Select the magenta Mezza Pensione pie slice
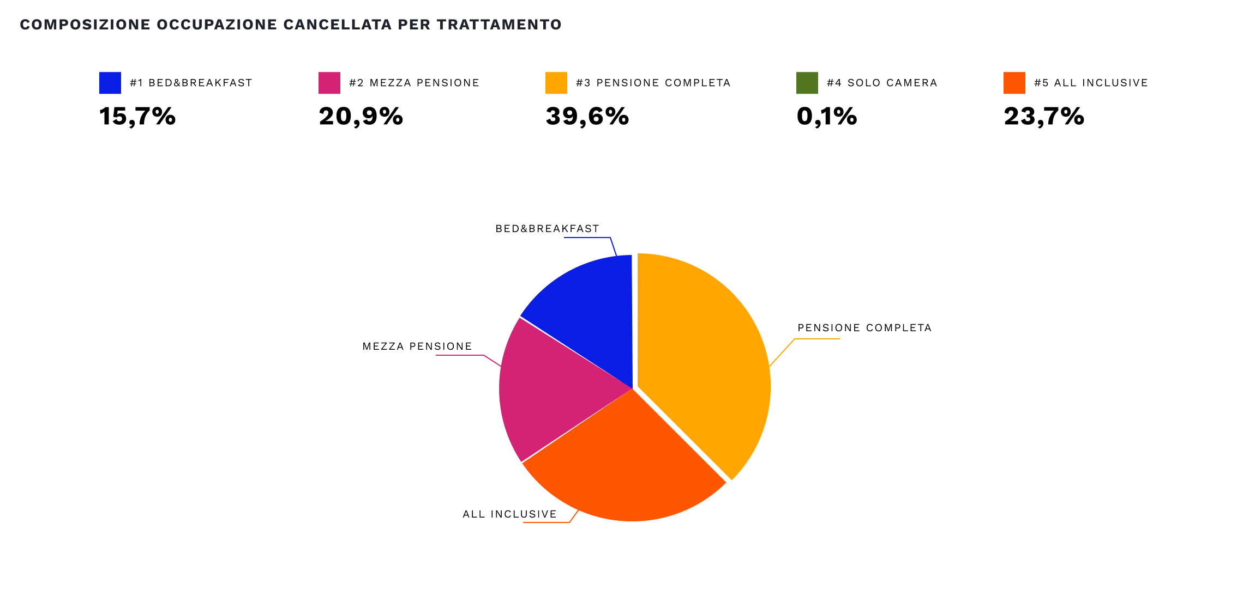pos(551,390)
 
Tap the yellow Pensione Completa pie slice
pos(704,360)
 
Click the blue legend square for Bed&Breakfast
pos(110,83)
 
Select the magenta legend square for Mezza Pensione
pos(329,83)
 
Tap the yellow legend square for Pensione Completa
pos(556,83)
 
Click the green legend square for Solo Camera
pos(807,83)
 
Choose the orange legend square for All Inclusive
pos(1014,83)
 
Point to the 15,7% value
pos(137,116)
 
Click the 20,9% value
pos(361,116)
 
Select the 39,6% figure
pos(587,116)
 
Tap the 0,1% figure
pos(827,116)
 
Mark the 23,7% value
pos(1044,116)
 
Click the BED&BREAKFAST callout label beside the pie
pos(547,229)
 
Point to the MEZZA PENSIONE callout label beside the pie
pos(417,346)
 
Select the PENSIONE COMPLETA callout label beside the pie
pos(864,328)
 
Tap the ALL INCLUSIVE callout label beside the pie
pos(509,514)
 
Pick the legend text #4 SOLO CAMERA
pos(882,83)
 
